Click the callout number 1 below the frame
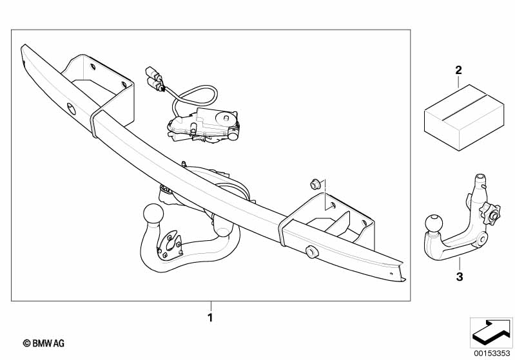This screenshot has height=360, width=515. [x=210, y=317]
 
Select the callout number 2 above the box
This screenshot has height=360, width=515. [x=458, y=70]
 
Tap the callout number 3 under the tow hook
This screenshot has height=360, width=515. [x=460, y=277]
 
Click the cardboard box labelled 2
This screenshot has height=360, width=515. [x=464, y=117]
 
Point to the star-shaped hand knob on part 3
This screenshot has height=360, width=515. [x=490, y=214]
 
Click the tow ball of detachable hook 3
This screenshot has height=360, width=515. [x=434, y=223]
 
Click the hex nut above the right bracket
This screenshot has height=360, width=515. [x=315, y=184]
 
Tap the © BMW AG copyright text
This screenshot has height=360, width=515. [x=44, y=343]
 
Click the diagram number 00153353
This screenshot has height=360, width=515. [x=492, y=354]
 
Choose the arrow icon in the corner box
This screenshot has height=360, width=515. [x=491, y=332]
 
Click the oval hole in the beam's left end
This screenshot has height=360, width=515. [x=71, y=109]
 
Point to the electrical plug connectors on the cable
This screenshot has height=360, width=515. [x=154, y=79]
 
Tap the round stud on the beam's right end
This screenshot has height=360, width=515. [x=311, y=252]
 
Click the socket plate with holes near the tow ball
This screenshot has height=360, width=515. [x=169, y=245]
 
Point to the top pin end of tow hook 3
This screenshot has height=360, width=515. [x=480, y=178]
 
